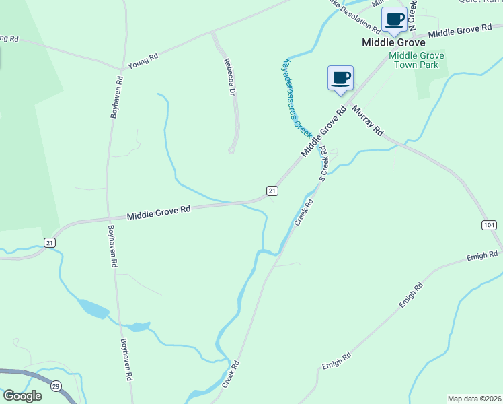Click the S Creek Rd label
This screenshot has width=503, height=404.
[324, 164]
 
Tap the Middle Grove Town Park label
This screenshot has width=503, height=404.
[414, 60]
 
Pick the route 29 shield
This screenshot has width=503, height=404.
[56, 385]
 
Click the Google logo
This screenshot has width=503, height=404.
[22, 396]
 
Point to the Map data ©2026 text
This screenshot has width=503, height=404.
[475, 398]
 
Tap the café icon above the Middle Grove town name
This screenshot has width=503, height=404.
[394, 20]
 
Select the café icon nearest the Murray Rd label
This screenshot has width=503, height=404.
[341, 77]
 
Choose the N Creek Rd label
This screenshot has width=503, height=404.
[412, 13]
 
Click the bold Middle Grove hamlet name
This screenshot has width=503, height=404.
[389, 42]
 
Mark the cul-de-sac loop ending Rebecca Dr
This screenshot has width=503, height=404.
[231, 150]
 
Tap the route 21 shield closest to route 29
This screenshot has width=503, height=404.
[49, 242]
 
